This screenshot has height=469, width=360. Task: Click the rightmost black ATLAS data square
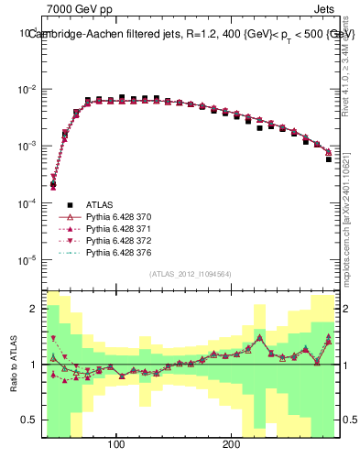(x=329, y=159)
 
